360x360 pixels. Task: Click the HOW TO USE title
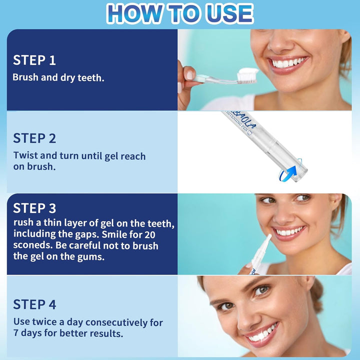pyautogui.click(x=180, y=13)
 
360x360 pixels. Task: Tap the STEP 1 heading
pyautogui.click(x=34, y=60)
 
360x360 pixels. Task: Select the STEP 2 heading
pyautogui.click(x=34, y=138)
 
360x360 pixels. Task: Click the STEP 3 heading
pyautogui.click(x=34, y=208)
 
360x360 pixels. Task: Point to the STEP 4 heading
pyautogui.click(x=34, y=304)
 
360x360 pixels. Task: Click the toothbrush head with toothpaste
pyautogui.click(x=246, y=75)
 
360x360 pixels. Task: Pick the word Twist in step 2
pyautogui.click(x=25, y=155)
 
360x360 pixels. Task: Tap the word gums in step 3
pyautogui.click(x=93, y=256)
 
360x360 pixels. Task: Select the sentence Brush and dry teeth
pyautogui.click(x=58, y=77)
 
